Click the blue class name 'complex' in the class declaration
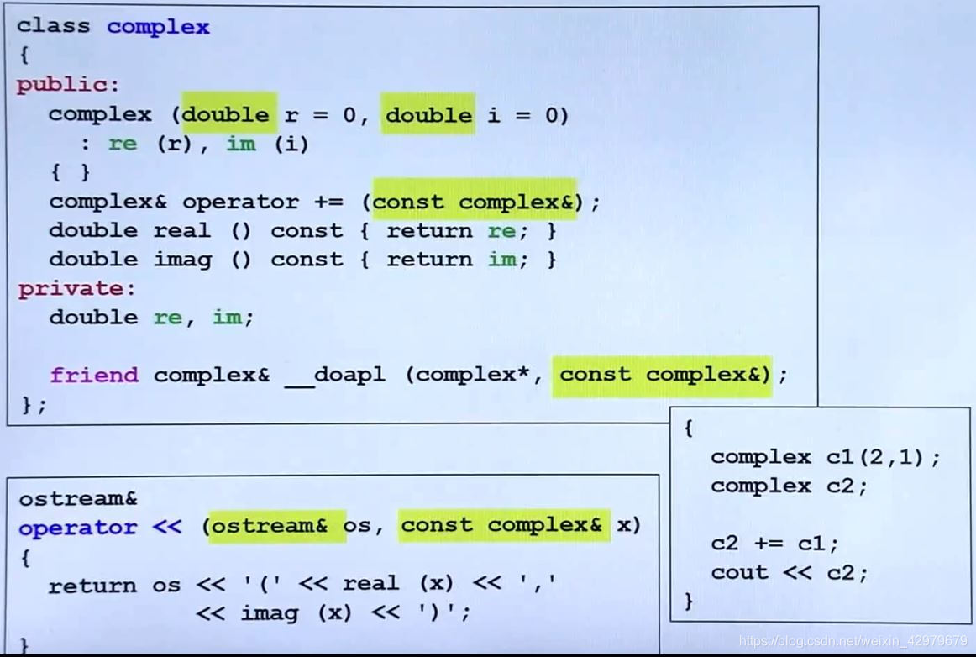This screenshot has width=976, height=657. coord(158,27)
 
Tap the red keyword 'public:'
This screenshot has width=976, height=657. coord(68,85)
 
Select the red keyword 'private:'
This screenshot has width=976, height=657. coord(76,288)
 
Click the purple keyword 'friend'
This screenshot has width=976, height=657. coord(93,375)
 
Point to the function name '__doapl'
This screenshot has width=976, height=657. coord(335,375)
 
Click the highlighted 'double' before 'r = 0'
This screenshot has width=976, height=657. coord(228,114)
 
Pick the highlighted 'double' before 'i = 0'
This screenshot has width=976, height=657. coord(429,114)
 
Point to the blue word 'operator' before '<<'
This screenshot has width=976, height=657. coord(77,528)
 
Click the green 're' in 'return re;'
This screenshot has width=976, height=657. coord(501,230)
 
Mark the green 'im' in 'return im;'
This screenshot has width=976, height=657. coord(501,260)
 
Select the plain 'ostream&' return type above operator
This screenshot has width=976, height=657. coord(77,498)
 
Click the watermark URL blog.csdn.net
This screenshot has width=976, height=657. coord(853,641)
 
